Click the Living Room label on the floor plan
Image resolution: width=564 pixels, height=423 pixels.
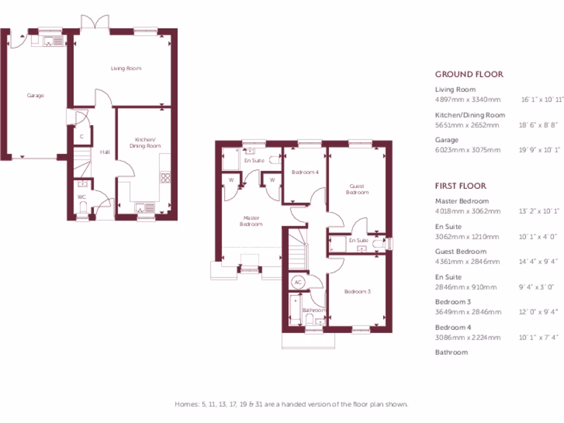(x=126, y=68)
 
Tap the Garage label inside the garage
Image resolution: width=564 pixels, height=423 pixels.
(x=35, y=95)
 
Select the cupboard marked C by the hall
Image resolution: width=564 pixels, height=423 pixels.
(x=82, y=136)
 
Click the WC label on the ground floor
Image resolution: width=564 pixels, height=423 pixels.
(x=82, y=196)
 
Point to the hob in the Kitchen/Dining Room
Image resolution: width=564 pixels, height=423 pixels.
(x=164, y=177)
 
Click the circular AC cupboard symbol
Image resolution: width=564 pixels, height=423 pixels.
(x=298, y=281)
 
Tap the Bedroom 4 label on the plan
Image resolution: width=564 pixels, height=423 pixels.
(x=305, y=172)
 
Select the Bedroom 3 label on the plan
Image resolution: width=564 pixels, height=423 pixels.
(x=357, y=291)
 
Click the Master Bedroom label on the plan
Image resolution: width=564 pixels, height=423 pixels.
(x=251, y=221)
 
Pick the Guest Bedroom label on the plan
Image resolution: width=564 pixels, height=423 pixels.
(x=357, y=189)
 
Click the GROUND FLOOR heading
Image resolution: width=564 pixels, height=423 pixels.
(x=469, y=74)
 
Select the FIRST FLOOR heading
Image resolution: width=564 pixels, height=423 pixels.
(x=460, y=186)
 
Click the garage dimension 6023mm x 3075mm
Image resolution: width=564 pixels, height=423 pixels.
(x=468, y=150)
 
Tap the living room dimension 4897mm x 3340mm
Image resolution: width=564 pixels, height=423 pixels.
(x=468, y=100)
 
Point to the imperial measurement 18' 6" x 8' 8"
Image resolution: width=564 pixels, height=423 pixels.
(x=540, y=125)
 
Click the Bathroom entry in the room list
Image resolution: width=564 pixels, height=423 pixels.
(x=451, y=352)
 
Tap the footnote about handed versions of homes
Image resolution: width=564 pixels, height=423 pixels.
(x=291, y=404)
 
